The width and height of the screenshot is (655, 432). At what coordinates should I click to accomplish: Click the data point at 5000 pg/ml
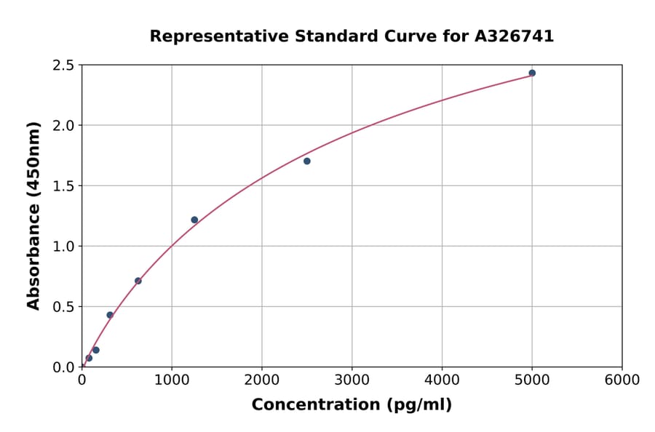(532, 73)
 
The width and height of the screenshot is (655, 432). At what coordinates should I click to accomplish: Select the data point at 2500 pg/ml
(307, 161)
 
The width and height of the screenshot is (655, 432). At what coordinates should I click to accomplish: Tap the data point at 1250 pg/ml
(194, 220)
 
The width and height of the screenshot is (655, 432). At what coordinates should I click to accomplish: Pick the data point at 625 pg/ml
(138, 281)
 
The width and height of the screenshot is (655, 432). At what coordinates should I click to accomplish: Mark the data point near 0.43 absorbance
(110, 315)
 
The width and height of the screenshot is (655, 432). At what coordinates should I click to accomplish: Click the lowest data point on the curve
(89, 358)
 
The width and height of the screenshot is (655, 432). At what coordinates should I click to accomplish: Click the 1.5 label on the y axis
(64, 186)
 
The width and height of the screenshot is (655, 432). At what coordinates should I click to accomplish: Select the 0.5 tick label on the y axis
(64, 307)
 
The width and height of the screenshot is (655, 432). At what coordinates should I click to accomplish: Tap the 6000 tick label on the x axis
(622, 380)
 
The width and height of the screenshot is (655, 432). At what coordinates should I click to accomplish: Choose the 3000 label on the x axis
(352, 380)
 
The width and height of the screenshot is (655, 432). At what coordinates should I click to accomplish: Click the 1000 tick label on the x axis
(172, 380)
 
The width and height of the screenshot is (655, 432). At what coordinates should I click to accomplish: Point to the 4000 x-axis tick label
(442, 380)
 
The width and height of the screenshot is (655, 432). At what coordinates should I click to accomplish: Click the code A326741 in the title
(515, 36)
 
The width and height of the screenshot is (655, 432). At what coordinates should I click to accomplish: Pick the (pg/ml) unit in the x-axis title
(421, 405)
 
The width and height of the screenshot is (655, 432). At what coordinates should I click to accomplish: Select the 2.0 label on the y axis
(64, 126)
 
